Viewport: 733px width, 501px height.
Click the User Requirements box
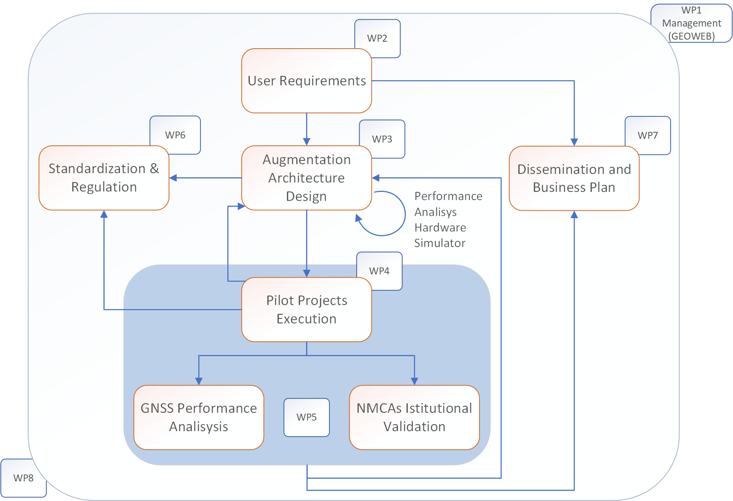tap(307, 81)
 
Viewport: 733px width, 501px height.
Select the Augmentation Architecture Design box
tap(307, 178)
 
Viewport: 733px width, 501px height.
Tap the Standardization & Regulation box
tap(104, 178)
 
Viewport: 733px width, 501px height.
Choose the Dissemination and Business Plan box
tap(574, 178)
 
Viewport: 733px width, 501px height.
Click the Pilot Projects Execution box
tap(307, 310)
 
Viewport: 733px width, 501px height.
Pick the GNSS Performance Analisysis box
tap(199, 417)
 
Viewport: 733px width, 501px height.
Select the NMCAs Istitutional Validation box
tap(414, 417)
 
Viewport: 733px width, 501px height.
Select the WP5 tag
tap(307, 417)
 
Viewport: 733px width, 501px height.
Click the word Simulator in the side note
tap(440, 243)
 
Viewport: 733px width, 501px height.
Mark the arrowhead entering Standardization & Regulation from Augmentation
tap(173, 178)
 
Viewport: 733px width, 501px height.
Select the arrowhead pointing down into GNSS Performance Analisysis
tap(199, 381)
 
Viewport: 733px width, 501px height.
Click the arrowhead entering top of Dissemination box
tap(574, 142)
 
